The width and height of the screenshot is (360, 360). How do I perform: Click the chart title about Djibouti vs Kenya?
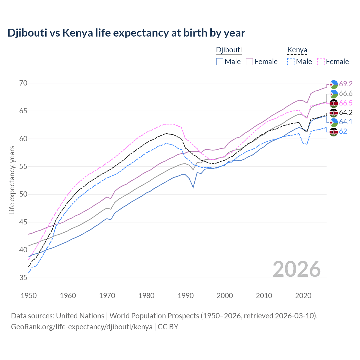click(126, 33)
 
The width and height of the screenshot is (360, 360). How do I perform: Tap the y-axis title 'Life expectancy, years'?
click(12, 180)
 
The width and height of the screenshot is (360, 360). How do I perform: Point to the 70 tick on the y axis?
click(23, 83)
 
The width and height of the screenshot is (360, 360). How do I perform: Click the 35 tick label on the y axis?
click(23, 278)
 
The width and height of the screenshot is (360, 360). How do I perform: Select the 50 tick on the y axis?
click(23, 194)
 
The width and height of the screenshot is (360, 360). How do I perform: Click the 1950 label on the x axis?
click(29, 296)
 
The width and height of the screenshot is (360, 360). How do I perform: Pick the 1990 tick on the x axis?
click(186, 296)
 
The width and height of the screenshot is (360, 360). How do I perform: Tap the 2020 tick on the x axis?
click(303, 296)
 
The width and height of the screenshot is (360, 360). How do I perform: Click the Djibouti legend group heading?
click(229, 50)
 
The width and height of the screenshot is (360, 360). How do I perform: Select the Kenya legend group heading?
click(297, 50)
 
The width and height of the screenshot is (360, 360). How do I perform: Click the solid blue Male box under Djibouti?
click(220, 62)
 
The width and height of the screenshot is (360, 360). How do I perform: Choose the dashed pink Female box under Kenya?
click(321, 62)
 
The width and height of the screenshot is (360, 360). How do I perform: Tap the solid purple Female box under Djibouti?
click(250, 62)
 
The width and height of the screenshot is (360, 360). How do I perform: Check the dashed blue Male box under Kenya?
click(291, 62)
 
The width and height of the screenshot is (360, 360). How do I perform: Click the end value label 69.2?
click(346, 84)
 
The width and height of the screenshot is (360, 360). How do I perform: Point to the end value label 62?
click(343, 131)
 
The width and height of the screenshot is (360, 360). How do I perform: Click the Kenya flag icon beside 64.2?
click(334, 113)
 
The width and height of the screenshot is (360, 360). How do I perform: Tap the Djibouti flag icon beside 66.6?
click(334, 94)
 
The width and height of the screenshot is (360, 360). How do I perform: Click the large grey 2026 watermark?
click(297, 269)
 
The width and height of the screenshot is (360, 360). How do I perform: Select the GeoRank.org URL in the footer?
click(82, 327)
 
